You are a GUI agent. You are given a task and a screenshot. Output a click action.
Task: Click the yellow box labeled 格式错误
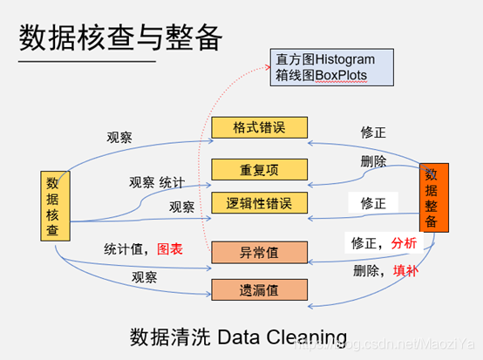coord(260,128)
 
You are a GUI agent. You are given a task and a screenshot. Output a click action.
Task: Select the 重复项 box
coord(260,167)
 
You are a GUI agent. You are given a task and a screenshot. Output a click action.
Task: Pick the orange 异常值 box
coord(260,252)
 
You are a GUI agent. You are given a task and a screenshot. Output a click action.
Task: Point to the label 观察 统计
coord(157,182)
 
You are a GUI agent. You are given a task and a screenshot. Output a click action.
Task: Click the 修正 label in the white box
coord(372,203)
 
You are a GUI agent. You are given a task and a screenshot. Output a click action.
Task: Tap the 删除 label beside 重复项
coord(373,161)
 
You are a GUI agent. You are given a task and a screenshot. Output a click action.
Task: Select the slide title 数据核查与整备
coord(121,37)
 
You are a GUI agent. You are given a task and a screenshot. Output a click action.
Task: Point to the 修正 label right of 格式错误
coord(374,132)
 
